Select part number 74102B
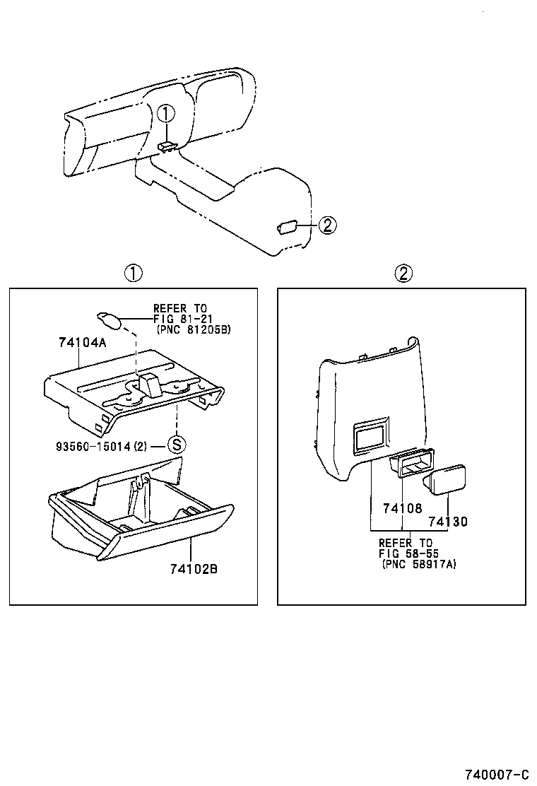[x=193, y=568]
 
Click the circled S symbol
[x=176, y=445]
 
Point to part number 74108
[x=402, y=508]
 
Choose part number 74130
[x=448, y=522]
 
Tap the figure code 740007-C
[x=496, y=773]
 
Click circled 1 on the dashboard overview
[x=165, y=113]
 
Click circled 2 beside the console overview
[x=326, y=225]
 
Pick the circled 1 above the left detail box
[x=134, y=274]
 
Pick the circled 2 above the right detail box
[x=402, y=274]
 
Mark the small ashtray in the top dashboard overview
[x=167, y=146]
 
